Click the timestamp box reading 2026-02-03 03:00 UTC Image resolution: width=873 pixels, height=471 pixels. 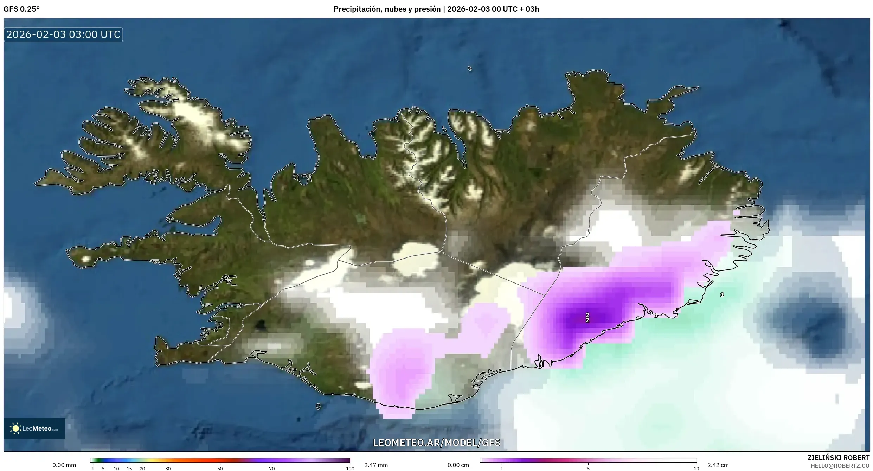63,34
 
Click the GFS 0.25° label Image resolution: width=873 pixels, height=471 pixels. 21,9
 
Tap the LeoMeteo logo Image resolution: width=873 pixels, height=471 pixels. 34,428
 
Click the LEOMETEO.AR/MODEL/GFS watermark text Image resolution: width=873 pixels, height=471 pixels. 436,443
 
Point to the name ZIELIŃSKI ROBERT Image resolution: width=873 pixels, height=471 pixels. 838,458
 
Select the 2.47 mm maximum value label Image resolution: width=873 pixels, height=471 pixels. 376,465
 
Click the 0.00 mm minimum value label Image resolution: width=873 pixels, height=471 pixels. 64,465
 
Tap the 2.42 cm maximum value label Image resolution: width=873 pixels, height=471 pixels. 718,465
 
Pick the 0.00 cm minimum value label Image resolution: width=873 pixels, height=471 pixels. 458,465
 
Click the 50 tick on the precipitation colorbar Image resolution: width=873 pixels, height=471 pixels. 220,469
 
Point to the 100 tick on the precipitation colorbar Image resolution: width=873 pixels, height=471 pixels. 350,469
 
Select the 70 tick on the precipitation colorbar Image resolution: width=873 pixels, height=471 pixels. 272,469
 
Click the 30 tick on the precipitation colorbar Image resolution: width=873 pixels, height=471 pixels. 168,469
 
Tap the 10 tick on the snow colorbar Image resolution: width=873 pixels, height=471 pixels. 696,469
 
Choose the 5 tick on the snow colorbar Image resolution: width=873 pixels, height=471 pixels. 588,469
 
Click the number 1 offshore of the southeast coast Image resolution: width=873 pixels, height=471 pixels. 722,295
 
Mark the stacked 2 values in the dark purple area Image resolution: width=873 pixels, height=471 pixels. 588,318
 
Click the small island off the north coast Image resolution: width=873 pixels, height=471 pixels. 470,69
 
